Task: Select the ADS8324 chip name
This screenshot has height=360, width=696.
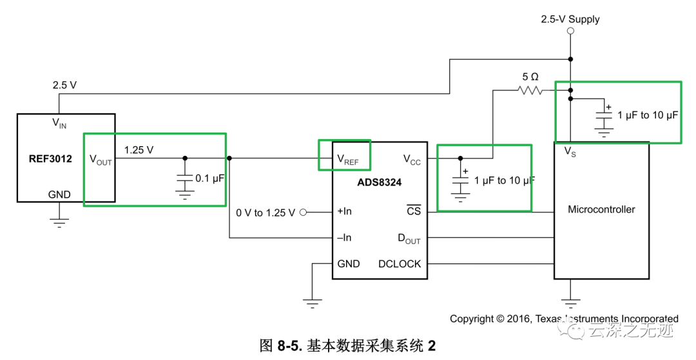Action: (x=380, y=182)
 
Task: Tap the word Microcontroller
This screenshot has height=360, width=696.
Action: (x=601, y=209)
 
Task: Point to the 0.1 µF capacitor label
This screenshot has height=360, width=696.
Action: (x=209, y=178)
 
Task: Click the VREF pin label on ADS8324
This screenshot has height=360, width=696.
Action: (x=347, y=159)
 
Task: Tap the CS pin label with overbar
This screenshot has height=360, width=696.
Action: (x=413, y=211)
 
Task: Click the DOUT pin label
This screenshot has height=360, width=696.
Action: (x=409, y=239)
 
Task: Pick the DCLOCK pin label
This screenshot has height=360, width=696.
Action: (x=400, y=263)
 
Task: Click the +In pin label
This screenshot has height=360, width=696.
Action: (x=344, y=211)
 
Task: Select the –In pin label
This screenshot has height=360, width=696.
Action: (x=344, y=238)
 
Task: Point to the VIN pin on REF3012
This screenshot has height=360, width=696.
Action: (x=59, y=123)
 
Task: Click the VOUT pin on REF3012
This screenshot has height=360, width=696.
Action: (x=100, y=160)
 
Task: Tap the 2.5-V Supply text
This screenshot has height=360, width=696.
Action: (x=570, y=19)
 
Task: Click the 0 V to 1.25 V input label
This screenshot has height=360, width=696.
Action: (x=265, y=213)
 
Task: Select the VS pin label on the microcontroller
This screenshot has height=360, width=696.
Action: (x=570, y=151)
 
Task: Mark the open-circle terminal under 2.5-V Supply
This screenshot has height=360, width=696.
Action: (x=570, y=31)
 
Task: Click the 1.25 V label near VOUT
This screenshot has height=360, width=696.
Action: (x=139, y=149)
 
